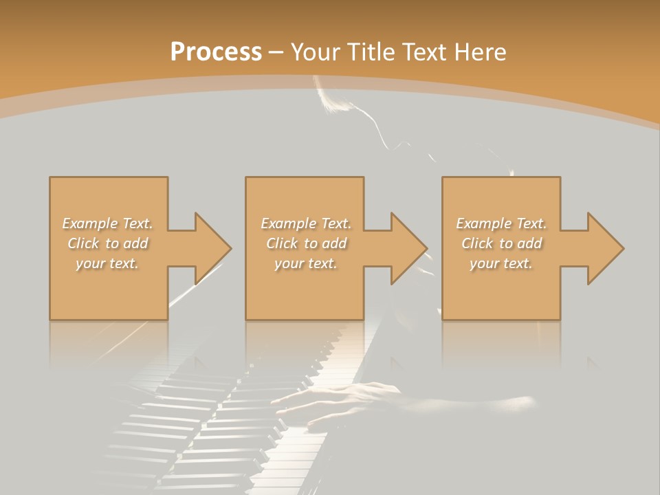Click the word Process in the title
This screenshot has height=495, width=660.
[x=216, y=52]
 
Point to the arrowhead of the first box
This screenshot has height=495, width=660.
[x=213, y=248]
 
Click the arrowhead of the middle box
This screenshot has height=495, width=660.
[x=409, y=248]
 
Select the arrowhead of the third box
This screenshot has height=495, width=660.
[x=606, y=248]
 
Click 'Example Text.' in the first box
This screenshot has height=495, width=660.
[x=108, y=223]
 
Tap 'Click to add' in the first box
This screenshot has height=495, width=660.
[x=108, y=243]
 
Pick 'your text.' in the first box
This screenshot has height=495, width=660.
[x=108, y=263]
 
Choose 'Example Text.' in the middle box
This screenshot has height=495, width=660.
[x=306, y=223]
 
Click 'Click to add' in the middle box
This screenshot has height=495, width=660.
[x=306, y=243]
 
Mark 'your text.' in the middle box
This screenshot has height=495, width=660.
[x=306, y=263]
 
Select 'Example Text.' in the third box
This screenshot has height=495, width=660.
[x=501, y=223]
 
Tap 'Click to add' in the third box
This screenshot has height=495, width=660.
[x=501, y=243]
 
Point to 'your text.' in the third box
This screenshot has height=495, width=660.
[x=501, y=263]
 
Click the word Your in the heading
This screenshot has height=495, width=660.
[x=316, y=52]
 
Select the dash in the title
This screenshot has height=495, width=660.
[x=276, y=52]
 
